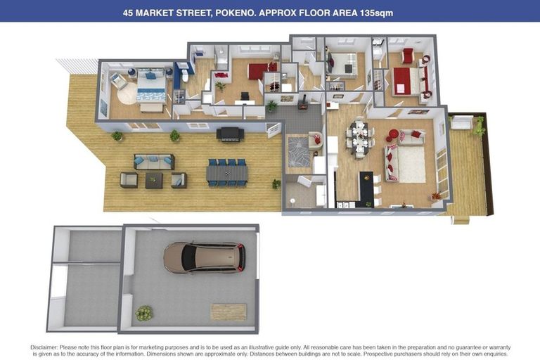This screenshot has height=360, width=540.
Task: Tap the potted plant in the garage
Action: pyautogui.click(x=144, y=313)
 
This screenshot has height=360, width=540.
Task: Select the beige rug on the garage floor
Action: pyautogui.click(x=229, y=311)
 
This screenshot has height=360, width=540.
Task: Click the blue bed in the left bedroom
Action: pyautogui.click(x=150, y=90)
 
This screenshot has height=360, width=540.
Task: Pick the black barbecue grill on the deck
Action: pyautogui.click(x=230, y=134)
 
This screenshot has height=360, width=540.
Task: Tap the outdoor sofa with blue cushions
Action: pyautogui.click(x=153, y=162)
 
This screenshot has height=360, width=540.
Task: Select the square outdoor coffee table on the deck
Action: pyautogui.click(x=154, y=181)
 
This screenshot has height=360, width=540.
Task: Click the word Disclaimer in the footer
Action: pyautogui.click(x=47, y=347)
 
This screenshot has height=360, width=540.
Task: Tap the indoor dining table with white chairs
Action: pyautogui.click(x=359, y=137)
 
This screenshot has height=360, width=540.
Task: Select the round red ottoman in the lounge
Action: pyautogui.click(x=393, y=134)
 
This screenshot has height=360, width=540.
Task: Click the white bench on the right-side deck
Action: pyautogui.click(x=461, y=124)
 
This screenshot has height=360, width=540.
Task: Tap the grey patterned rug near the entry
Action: pyautogui.click(x=298, y=150)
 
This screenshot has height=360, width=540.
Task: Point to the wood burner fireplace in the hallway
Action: pyautogui.click(x=304, y=105)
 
